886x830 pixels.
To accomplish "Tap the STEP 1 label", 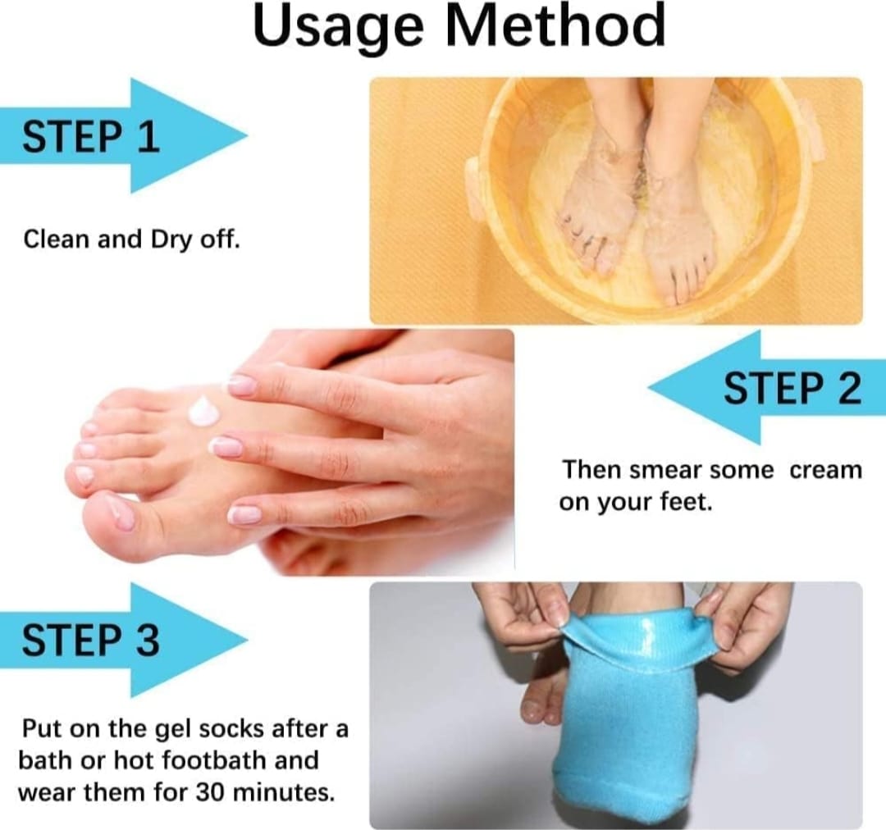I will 90,136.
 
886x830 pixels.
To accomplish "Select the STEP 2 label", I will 792,388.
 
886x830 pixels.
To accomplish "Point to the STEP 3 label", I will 90,641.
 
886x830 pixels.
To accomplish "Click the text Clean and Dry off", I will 131,239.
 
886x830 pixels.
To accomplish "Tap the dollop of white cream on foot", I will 203,411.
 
